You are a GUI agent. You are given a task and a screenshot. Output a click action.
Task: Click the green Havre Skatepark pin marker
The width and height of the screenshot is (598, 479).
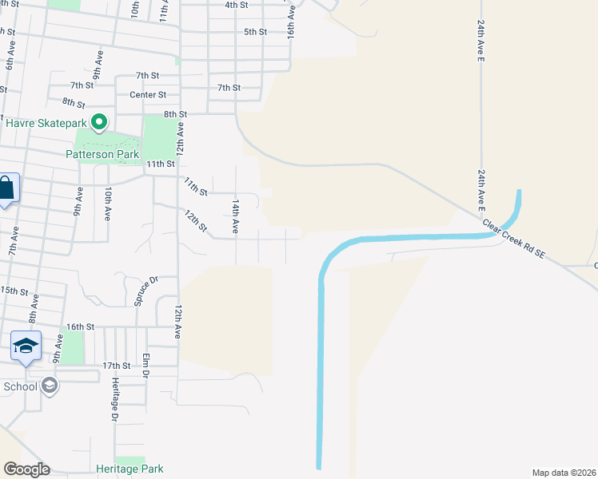pos(98,122)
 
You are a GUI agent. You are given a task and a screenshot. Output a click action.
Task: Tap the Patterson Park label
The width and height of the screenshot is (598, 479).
pos(102,154)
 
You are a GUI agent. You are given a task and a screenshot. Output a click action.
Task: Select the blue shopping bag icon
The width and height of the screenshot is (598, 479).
pos(6,189)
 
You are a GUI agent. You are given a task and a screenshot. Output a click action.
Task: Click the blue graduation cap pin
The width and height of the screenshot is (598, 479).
pos(26,346)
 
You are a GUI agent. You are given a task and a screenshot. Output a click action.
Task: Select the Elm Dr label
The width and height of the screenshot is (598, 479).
pos(146,365)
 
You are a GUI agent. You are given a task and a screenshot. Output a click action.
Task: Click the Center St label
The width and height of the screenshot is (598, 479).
pos(147,94)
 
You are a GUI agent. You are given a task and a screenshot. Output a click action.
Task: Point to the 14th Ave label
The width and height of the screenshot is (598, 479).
pos(235,217)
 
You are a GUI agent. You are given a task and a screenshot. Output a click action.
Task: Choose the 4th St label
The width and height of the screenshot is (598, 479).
pos(236,5)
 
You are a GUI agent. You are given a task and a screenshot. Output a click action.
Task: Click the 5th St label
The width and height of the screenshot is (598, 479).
pos(255,32)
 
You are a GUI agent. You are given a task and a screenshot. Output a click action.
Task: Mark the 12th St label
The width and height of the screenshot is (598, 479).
pos(196,221)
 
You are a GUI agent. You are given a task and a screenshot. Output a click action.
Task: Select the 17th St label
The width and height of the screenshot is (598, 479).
pos(116,365)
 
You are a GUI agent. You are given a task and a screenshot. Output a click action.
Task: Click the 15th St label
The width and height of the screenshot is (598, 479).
pos(14,290)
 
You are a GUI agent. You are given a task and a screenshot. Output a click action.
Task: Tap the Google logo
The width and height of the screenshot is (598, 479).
pos(26,469)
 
